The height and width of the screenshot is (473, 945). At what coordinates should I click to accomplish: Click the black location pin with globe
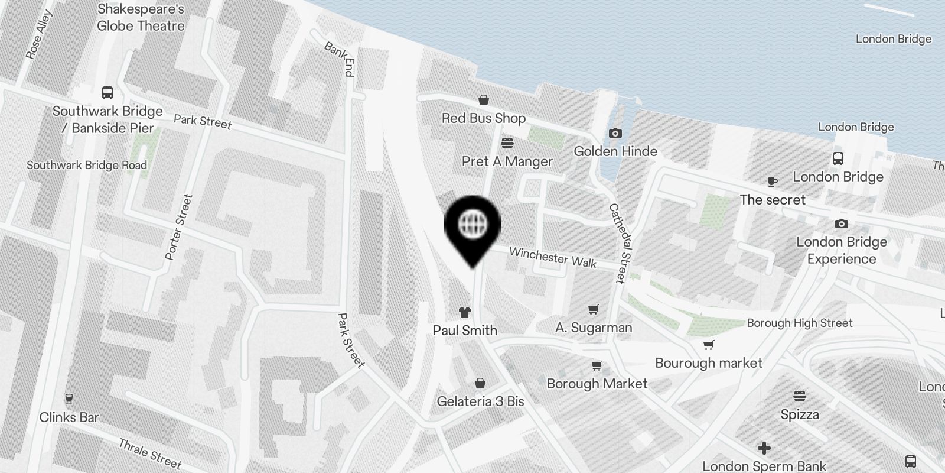[x=472, y=225]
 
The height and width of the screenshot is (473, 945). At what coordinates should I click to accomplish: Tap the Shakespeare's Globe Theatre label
[x=141, y=18]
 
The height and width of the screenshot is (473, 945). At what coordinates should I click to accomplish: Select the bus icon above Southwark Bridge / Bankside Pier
[x=107, y=93]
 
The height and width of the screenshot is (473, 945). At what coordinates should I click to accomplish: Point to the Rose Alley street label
[x=39, y=35]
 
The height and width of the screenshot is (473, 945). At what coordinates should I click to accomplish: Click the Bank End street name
[x=340, y=59]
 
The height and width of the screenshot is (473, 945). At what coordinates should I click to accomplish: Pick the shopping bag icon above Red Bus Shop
[x=484, y=100]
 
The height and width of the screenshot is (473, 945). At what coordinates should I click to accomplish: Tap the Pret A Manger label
[x=507, y=161]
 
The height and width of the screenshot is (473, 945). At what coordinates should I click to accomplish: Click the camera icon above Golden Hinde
[x=615, y=134]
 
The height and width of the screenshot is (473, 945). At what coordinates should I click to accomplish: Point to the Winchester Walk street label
[x=553, y=257]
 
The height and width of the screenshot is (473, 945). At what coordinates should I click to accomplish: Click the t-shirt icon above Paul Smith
[x=465, y=312]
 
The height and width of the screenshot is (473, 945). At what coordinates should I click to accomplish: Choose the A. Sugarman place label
[x=594, y=328]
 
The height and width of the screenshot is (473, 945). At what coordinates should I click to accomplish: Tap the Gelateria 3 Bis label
[x=480, y=401]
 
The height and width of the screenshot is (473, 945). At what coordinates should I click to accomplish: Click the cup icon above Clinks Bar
[x=69, y=399]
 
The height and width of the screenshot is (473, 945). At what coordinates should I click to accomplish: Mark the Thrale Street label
[x=150, y=453]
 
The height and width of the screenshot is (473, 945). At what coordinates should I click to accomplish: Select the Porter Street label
[x=178, y=227]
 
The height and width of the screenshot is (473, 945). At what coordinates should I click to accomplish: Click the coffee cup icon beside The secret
[x=772, y=182]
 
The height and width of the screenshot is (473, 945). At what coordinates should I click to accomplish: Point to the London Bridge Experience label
[x=842, y=250]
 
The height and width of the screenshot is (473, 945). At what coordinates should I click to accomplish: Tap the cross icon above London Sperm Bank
[x=764, y=448]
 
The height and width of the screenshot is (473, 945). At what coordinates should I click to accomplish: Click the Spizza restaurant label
[x=800, y=414]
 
